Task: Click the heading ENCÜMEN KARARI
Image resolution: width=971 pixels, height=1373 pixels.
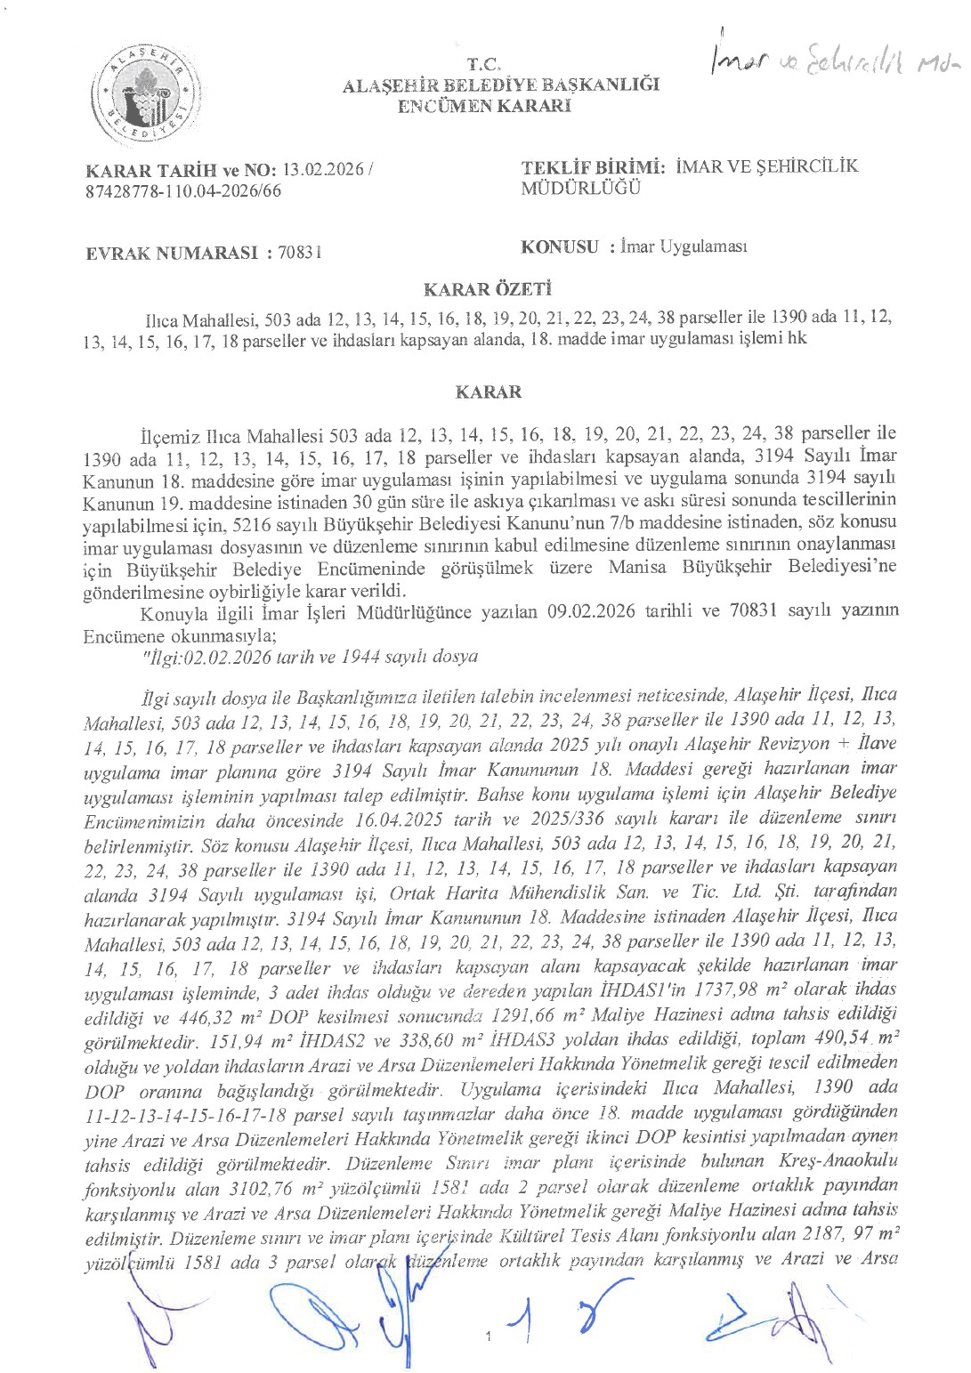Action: pos(483,106)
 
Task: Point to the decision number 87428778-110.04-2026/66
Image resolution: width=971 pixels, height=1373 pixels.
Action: pos(182,190)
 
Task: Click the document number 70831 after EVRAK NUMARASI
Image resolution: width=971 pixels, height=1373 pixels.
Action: pos(299,253)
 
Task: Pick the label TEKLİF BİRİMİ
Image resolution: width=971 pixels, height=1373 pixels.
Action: pos(594,166)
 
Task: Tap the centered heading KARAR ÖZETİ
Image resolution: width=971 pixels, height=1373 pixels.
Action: pos(488,289)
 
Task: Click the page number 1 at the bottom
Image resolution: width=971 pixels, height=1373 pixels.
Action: pos(490,1337)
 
